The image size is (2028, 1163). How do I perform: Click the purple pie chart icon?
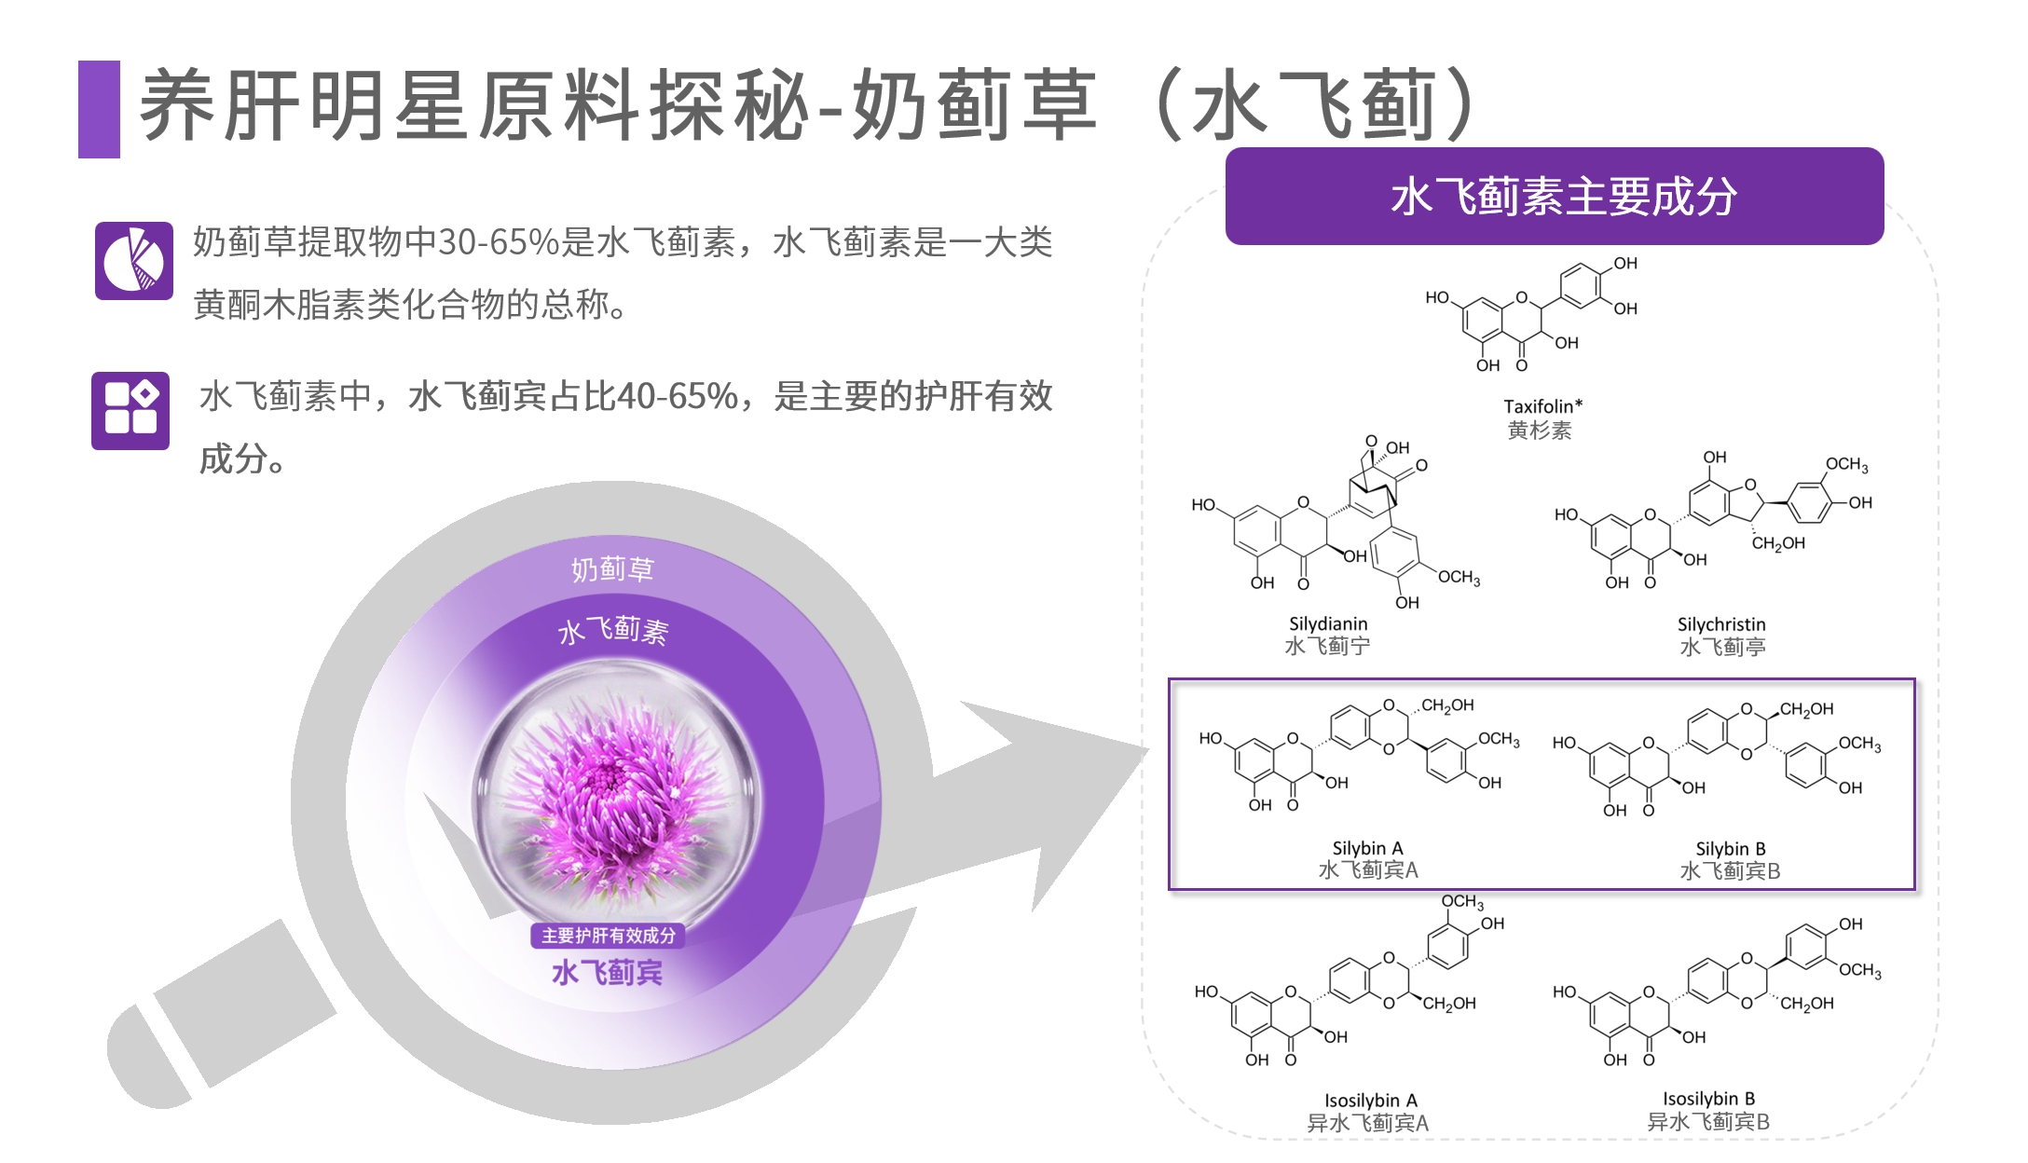[134, 261]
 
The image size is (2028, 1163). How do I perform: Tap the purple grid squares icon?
[130, 410]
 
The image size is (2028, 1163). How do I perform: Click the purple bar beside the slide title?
[99, 109]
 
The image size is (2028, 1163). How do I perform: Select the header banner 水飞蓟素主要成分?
[1554, 197]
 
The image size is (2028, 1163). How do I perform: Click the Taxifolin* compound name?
[1542, 406]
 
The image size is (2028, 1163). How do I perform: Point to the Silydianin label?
[1328, 623]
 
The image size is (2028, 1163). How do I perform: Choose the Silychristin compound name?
[1721, 624]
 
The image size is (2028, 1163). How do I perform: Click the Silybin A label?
[1367, 848]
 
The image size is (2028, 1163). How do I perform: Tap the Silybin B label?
[1731, 849]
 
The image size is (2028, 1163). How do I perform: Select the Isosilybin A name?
[1371, 1101]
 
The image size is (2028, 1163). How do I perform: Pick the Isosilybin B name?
[1708, 1099]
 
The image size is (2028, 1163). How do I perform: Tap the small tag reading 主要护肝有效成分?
[609, 936]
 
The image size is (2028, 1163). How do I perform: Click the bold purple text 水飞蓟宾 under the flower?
[608, 973]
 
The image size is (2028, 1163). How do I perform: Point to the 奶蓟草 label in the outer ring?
[612, 568]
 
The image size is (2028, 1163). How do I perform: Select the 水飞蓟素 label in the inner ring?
[612, 631]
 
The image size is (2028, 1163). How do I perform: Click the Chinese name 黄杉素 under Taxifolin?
[1540, 431]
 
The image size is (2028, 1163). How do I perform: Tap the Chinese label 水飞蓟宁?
[1327, 646]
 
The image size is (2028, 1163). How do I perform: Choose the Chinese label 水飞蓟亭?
[1722, 647]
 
